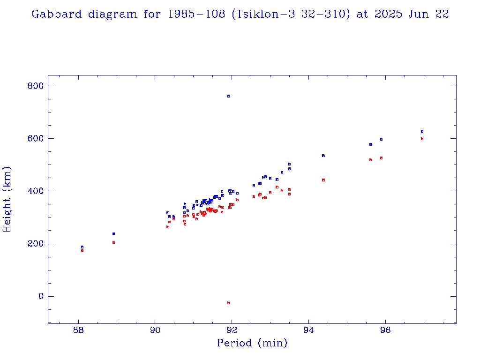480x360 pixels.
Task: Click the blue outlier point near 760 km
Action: (x=228, y=96)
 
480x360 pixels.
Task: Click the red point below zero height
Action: (x=228, y=303)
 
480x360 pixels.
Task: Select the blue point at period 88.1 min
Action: (x=82, y=247)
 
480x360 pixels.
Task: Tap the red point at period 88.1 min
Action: (x=82, y=251)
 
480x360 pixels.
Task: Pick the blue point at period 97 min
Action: (x=422, y=131)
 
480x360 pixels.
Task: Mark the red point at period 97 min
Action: (x=422, y=139)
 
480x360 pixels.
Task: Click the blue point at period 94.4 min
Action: (x=323, y=156)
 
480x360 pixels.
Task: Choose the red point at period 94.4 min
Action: (x=323, y=180)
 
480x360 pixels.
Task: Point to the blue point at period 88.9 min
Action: (x=113, y=233)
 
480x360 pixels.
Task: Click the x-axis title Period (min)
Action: (x=252, y=343)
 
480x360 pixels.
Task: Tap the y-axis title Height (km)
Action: (x=7, y=199)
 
